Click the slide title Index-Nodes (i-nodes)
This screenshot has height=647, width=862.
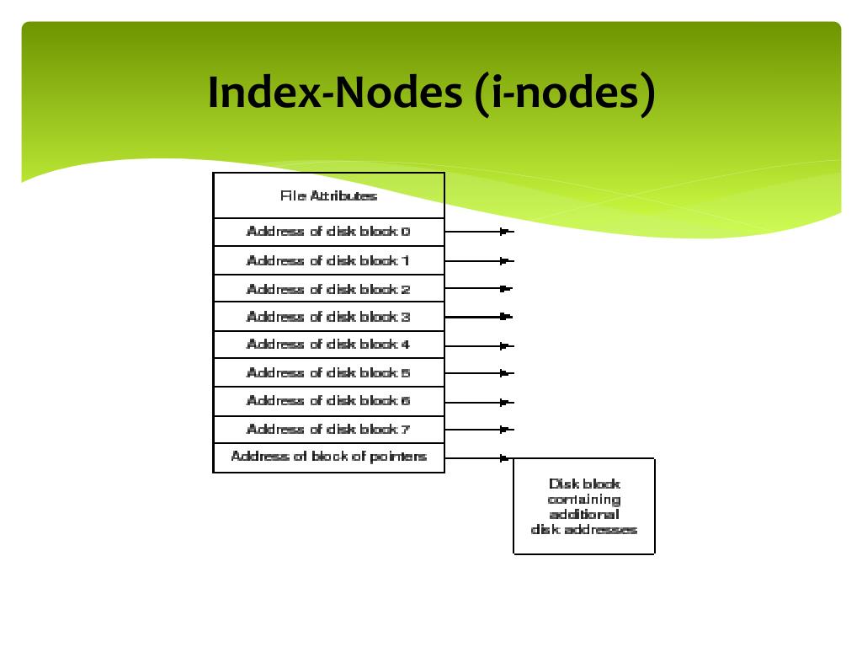(x=430, y=93)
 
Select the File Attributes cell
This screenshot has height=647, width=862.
(x=328, y=195)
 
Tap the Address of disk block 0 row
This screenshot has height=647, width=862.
(x=328, y=232)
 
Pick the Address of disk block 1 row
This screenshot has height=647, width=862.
(x=328, y=260)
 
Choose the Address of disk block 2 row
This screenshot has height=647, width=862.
(x=328, y=289)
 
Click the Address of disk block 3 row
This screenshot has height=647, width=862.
(x=328, y=317)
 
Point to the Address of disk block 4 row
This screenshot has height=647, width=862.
(x=328, y=345)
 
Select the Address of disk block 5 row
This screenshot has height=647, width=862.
(x=328, y=372)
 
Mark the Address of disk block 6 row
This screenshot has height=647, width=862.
(x=328, y=401)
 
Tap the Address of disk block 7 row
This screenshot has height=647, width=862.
(x=328, y=430)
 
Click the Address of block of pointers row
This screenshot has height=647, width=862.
(x=328, y=457)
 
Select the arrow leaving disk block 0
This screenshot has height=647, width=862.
(x=478, y=232)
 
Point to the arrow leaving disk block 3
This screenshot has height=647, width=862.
(x=478, y=317)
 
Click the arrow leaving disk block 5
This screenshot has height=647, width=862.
(x=478, y=372)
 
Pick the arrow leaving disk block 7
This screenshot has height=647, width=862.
(x=478, y=430)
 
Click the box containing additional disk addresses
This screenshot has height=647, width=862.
(x=583, y=505)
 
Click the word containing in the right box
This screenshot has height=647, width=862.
(x=583, y=500)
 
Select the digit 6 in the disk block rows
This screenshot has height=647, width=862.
(x=406, y=401)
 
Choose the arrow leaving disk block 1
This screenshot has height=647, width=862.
(x=478, y=260)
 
